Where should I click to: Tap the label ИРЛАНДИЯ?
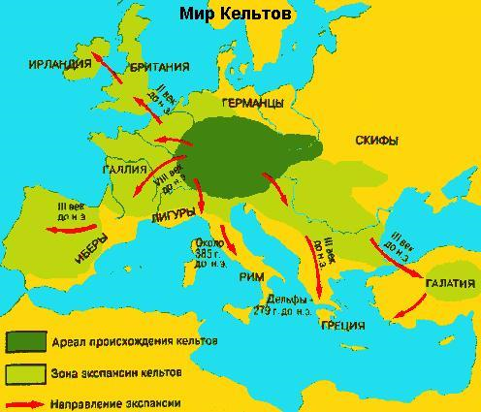(x=60, y=65)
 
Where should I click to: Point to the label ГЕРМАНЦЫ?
(x=252, y=102)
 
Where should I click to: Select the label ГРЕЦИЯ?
(x=340, y=325)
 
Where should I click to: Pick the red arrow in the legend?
(x=29, y=402)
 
